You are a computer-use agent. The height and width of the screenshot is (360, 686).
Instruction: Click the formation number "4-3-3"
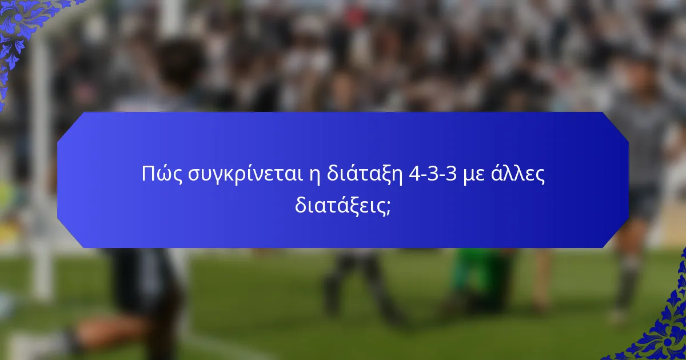tap(434, 174)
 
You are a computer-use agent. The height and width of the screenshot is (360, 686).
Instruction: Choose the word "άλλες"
tap(519, 174)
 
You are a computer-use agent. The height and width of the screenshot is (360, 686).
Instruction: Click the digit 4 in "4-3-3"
tap(415, 174)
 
